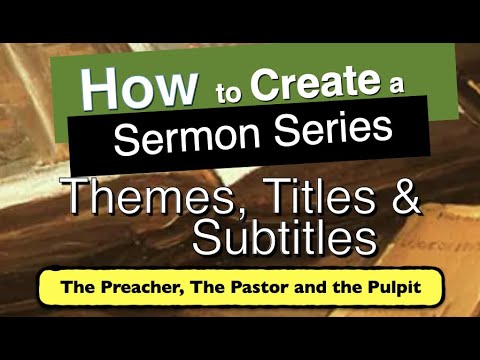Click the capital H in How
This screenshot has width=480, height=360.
click(101, 86)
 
